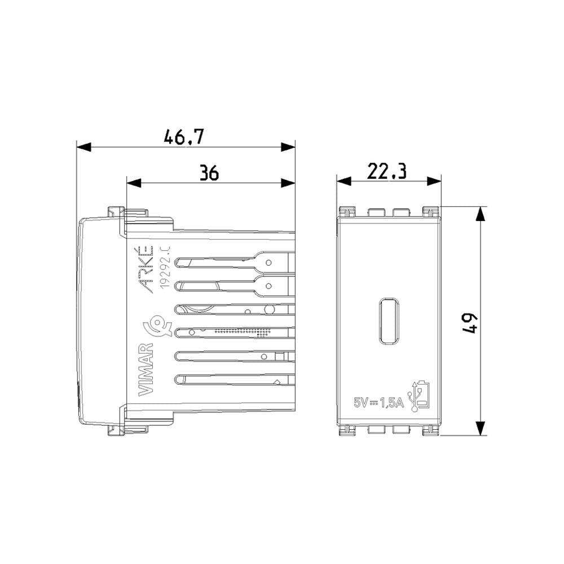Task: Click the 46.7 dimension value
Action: coord(183,137)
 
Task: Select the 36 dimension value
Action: coord(209,173)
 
